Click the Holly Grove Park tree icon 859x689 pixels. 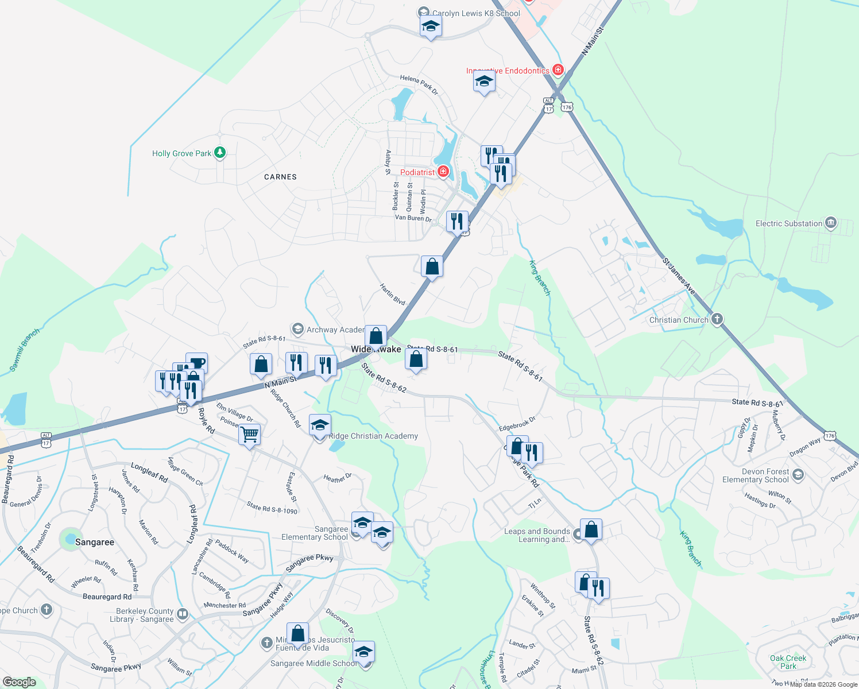[x=219, y=153]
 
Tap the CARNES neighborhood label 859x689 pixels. [x=280, y=177]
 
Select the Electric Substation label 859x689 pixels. [x=789, y=223]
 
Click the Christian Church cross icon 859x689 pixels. [x=716, y=319]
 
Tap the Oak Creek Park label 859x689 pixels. [x=788, y=662]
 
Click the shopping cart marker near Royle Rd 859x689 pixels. [x=249, y=434]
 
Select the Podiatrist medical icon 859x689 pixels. [x=443, y=172]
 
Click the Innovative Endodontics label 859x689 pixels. [x=508, y=71]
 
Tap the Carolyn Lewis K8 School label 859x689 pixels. [x=476, y=13]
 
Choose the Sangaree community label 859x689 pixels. [x=94, y=542]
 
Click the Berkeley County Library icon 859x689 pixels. [x=183, y=614]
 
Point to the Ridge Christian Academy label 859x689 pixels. [x=373, y=436]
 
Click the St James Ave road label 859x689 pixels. [x=679, y=277]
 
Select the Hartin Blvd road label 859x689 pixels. [x=392, y=294]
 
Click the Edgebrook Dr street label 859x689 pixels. [x=517, y=424]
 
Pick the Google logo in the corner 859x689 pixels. [x=19, y=682]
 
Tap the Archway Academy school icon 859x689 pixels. [x=297, y=329]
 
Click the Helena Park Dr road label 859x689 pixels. [x=419, y=84]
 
